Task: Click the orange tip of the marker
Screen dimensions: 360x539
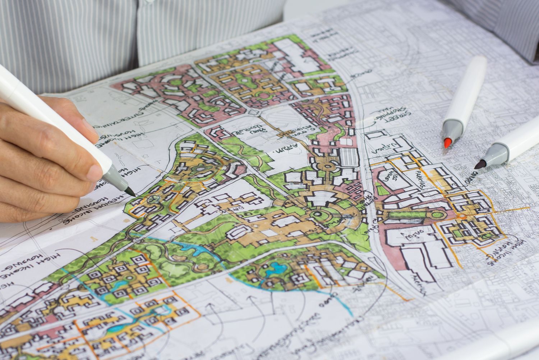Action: (x=447, y=143)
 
